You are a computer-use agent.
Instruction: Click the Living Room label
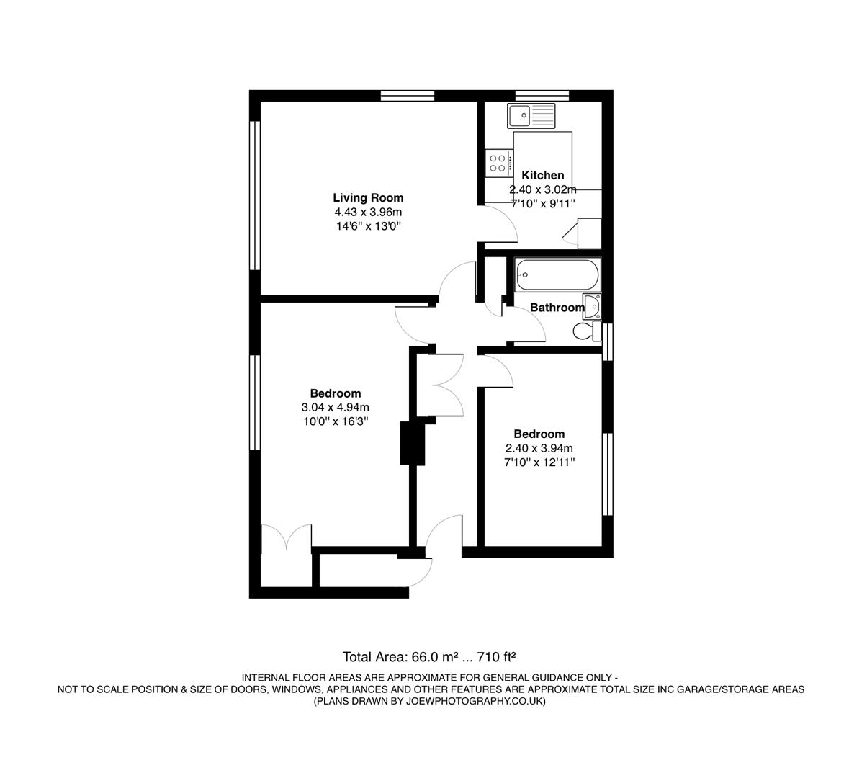(x=368, y=197)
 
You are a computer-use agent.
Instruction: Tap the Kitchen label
(x=542, y=175)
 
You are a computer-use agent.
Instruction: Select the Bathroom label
(x=557, y=308)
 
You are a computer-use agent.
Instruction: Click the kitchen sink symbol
(x=531, y=115)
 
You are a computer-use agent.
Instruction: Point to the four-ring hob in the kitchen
(x=497, y=162)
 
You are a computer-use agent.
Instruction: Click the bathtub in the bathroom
(x=555, y=274)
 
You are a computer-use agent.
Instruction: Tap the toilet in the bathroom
(x=586, y=331)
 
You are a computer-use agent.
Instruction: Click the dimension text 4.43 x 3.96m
(x=368, y=213)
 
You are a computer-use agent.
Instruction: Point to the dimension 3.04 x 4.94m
(x=336, y=408)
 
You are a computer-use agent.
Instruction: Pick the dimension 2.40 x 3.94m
(x=539, y=448)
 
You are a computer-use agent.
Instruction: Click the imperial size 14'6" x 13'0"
(x=368, y=227)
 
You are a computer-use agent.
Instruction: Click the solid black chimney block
(x=413, y=443)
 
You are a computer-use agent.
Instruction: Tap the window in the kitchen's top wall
(x=542, y=95)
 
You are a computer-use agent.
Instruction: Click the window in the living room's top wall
(x=408, y=95)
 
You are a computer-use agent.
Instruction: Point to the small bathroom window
(x=608, y=341)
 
